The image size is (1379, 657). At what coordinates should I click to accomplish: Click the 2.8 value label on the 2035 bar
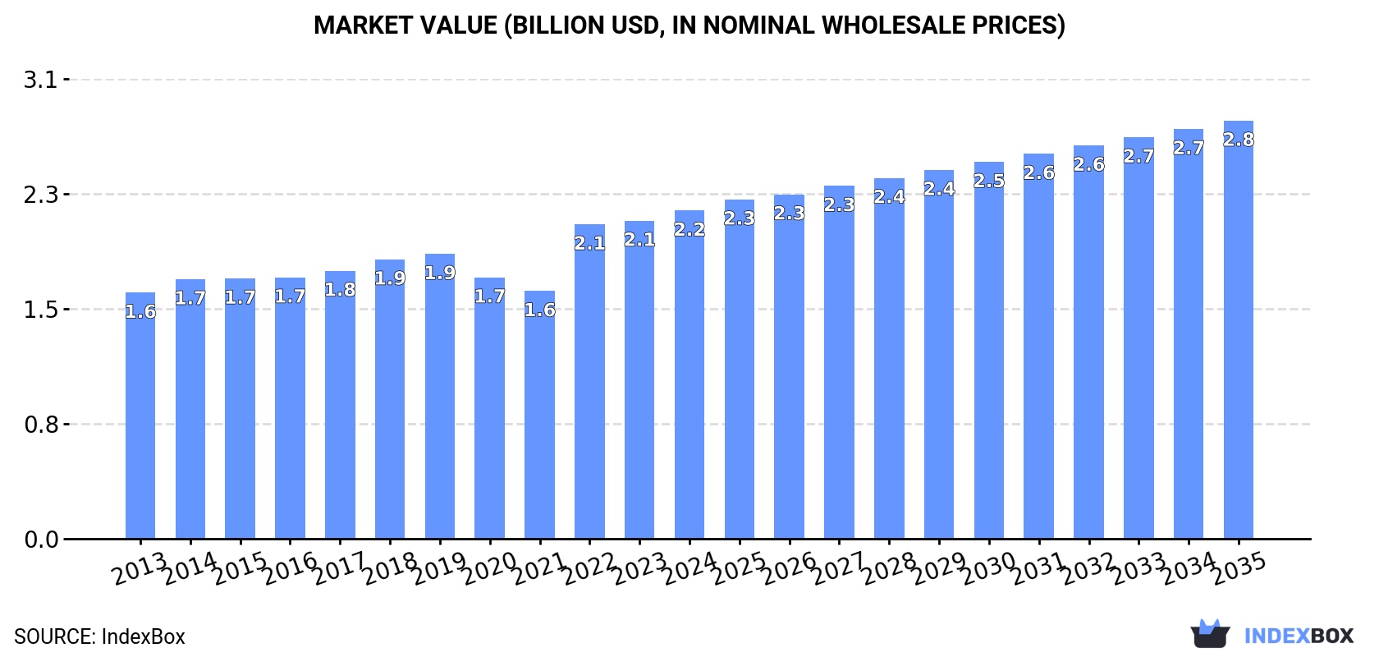pyautogui.click(x=1239, y=140)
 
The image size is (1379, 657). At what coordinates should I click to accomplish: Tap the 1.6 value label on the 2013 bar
pyautogui.click(x=140, y=312)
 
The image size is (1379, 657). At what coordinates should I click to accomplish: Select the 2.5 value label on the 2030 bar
pyautogui.click(x=989, y=181)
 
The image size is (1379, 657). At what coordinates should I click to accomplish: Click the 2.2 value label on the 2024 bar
pyautogui.click(x=689, y=229)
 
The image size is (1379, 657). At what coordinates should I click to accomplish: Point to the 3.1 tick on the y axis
pyautogui.click(x=40, y=80)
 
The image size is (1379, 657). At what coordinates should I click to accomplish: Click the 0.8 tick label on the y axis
pyautogui.click(x=40, y=425)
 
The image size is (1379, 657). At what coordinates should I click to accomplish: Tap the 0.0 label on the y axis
pyautogui.click(x=40, y=540)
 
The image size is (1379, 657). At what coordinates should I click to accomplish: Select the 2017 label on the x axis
pyautogui.click(x=339, y=567)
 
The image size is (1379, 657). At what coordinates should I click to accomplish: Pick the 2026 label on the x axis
pyautogui.click(x=789, y=567)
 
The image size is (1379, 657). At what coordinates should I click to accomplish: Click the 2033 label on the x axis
pyautogui.click(x=1138, y=567)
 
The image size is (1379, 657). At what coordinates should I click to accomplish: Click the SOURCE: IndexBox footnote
pyautogui.click(x=99, y=636)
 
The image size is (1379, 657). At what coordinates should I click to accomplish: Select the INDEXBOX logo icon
pyautogui.click(x=1210, y=634)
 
